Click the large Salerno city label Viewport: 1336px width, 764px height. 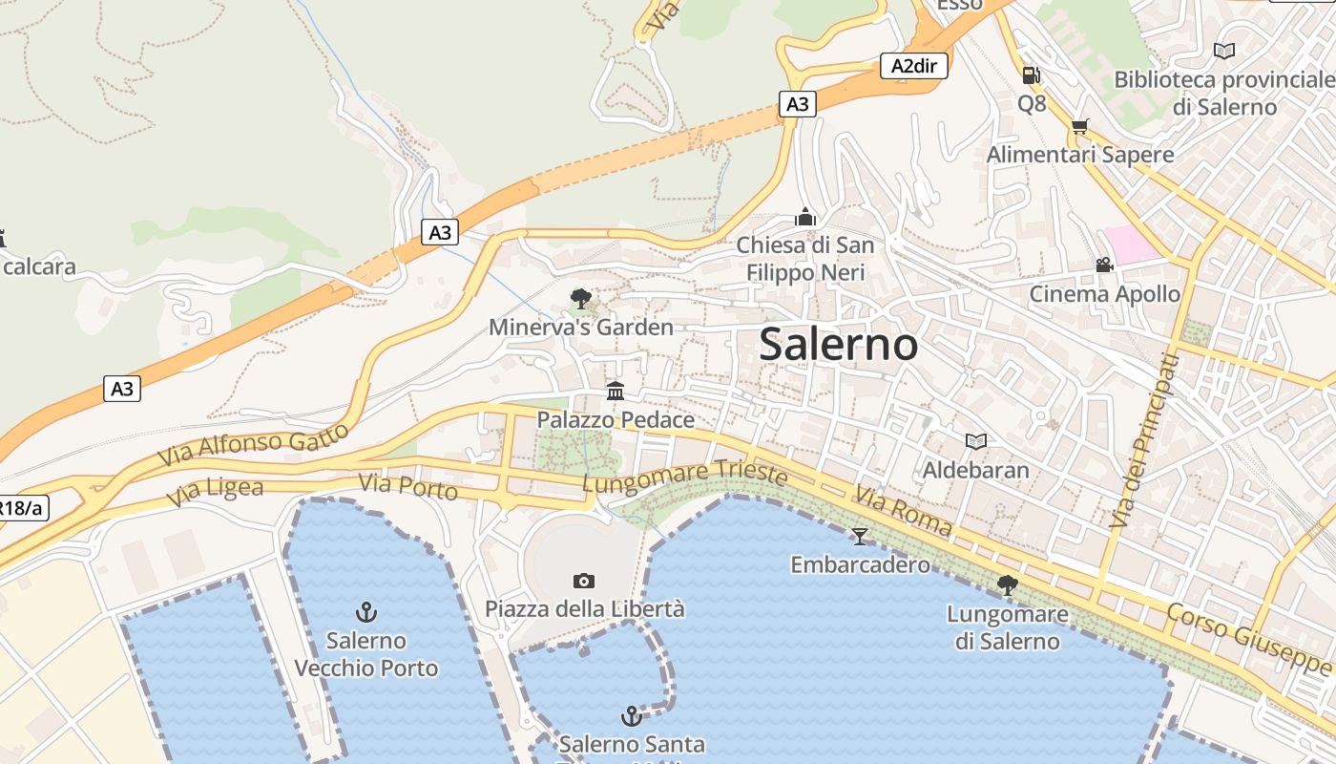coord(839,345)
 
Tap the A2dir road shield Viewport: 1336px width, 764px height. coord(913,66)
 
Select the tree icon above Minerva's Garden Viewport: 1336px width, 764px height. coord(580,299)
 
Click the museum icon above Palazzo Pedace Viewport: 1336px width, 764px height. coord(616,391)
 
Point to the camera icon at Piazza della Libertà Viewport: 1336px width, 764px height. coord(584,581)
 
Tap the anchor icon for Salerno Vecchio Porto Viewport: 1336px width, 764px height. coord(365,611)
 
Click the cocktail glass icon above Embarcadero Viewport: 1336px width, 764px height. coord(860,536)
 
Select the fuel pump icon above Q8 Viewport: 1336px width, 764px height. coord(1031,74)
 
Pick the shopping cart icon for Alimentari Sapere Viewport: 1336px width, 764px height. coord(1080,126)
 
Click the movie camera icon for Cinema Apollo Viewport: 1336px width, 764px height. coord(1104,265)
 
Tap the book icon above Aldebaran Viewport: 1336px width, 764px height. coord(975,441)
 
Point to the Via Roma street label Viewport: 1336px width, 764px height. coord(903,511)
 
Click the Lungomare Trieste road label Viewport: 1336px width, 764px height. coord(685,478)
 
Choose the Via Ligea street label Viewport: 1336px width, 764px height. coord(215,492)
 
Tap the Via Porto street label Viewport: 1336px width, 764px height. coord(408,486)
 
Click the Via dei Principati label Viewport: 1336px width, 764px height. coord(1145,441)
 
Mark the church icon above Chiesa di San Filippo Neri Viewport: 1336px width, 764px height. coord(805,218)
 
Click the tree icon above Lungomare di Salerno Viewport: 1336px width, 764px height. coord(1007,585)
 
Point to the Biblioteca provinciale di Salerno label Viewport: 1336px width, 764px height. coord(1224,93)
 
